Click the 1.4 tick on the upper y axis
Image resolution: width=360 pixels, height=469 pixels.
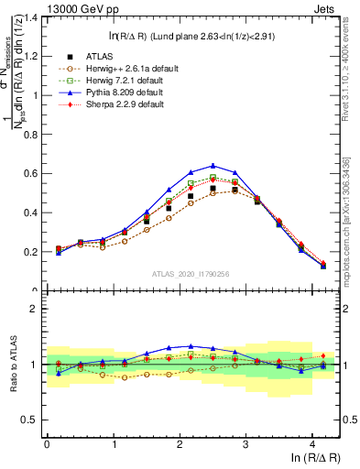pos(31,17)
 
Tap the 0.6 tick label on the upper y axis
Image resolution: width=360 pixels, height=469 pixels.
pos(31,173)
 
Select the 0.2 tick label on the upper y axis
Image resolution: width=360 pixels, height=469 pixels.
pos(31,252)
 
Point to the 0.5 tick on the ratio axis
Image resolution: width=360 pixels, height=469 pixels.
pos(31,421)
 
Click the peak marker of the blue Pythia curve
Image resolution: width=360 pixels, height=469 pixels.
pos(213,166)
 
